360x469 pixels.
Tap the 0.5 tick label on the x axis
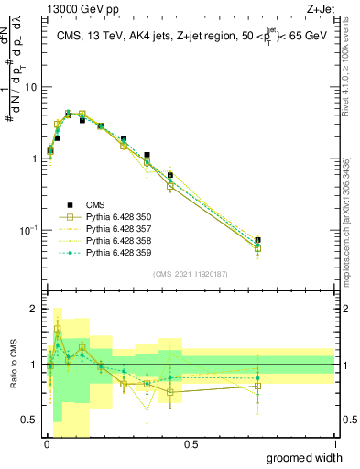pos(191,443)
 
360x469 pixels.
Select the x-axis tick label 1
pos(334,443)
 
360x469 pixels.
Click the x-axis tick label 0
pos(47,443)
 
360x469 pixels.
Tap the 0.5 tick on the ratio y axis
pos(31,420)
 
